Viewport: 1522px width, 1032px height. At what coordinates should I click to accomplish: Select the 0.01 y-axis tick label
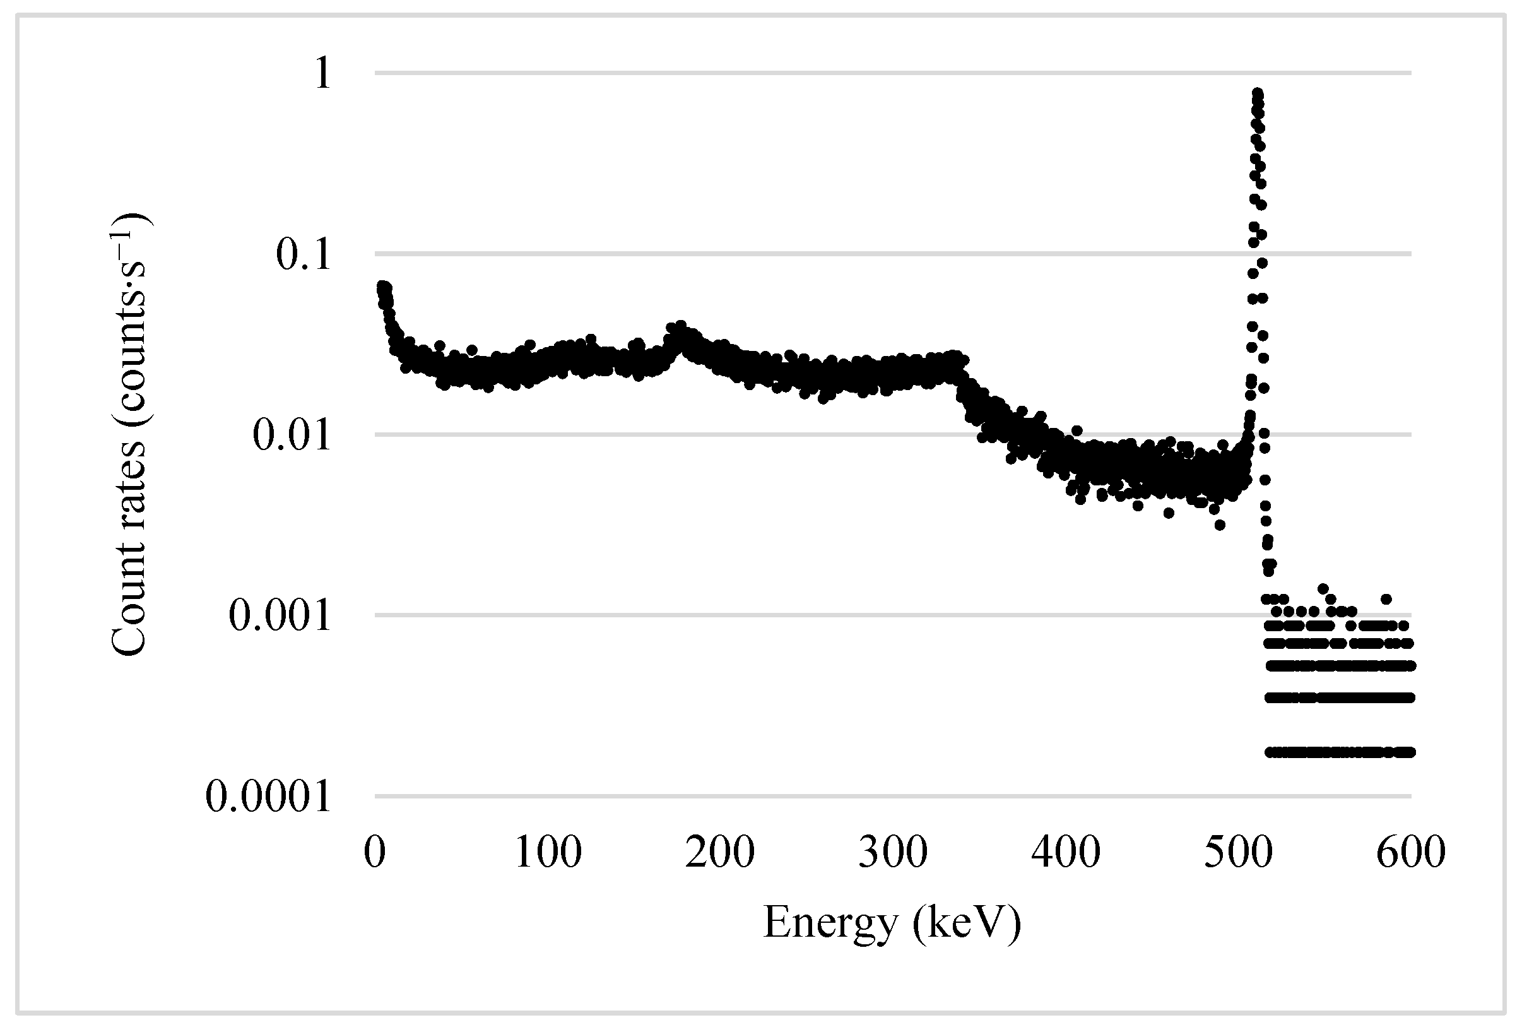click(x=292, y=435)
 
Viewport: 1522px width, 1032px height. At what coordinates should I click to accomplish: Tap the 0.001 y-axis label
click(x=280, y=616)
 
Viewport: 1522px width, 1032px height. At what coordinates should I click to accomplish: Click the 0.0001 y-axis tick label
click(x=268, y=797)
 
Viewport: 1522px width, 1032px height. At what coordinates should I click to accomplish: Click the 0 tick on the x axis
click(x=375, y=853)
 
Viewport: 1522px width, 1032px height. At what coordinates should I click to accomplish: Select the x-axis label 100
click(x=548, y=853)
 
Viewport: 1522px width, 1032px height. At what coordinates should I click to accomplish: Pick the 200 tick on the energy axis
click(x=720, y=853)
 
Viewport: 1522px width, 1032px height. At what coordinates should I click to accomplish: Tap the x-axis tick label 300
click(x=893, y=853)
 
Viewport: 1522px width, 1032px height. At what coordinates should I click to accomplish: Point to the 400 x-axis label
click(x=1066, y=853)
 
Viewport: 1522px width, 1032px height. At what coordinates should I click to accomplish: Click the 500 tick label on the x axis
click(x=1238, y=853)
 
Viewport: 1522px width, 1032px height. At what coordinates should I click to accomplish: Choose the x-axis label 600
click(x=1411, y=853)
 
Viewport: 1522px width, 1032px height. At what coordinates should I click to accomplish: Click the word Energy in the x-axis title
click(x=830, y=923)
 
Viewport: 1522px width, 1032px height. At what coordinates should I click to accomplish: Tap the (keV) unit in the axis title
click(x=967, y=923)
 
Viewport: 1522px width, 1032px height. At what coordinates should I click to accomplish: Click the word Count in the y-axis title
click(x=128, y=612)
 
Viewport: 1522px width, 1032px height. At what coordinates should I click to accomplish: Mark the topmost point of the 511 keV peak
click(x=1258, y=93)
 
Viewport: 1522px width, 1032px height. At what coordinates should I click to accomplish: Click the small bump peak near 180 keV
click(x=680, y=326)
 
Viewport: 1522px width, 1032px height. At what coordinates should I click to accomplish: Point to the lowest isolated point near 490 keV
click(x=1220, y=525)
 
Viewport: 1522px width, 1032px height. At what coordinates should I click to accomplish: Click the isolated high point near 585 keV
click(x=1386, y=599)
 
